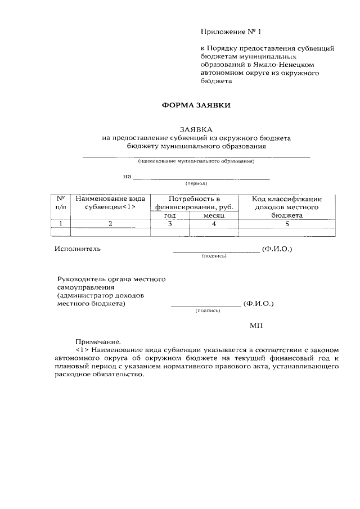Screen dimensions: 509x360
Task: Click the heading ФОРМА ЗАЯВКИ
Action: pos(196,105)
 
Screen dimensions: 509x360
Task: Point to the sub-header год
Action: pos(170,215)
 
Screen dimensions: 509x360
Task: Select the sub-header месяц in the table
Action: pos(214,215)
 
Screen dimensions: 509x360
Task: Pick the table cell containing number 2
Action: pos(110,224)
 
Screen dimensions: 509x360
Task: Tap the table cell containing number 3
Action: pos(170,224)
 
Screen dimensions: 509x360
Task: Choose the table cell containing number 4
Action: pos(214,224)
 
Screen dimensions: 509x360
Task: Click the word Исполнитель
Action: pos(78,249)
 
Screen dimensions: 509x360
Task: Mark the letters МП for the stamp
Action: pos(255,325)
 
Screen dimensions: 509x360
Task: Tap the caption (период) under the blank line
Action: pos(196,184)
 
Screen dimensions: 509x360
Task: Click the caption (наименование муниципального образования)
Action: pos(196,161)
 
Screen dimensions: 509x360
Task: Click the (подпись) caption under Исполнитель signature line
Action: pos(214,256)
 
